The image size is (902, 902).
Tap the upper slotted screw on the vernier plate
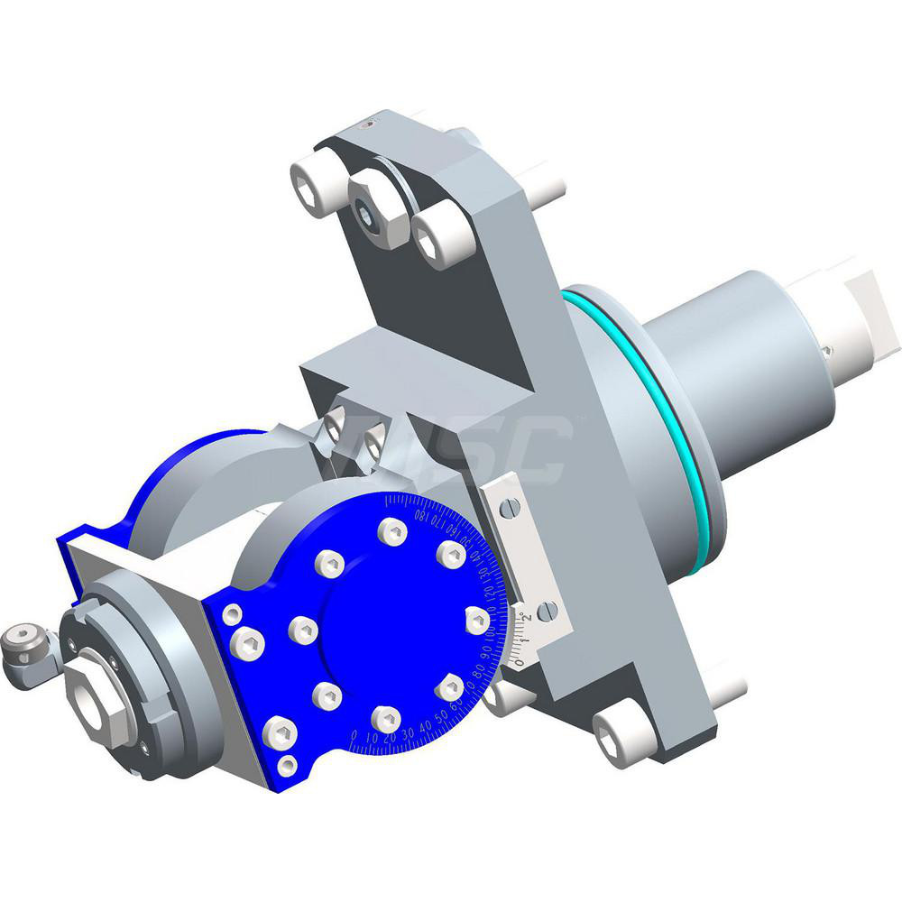tap(511, 508)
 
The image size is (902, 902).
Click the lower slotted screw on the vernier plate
tap(547, 612)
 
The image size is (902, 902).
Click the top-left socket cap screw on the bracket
tap(312, 188)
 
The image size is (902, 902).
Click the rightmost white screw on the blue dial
tap(477, 620)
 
